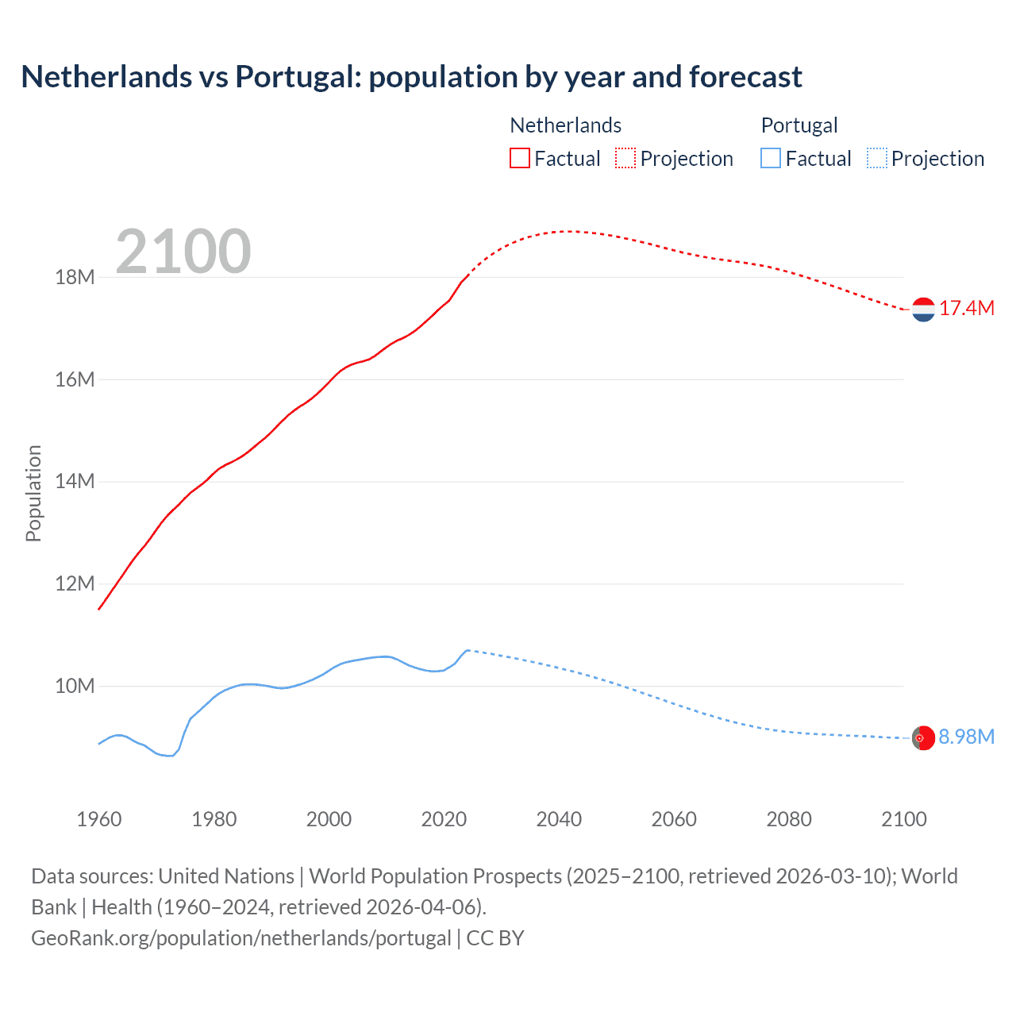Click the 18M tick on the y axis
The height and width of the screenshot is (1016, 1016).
pyautogui.click(x=75, y=277)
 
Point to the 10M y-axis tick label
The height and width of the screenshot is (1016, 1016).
pyautogui.click(x=75, y=686)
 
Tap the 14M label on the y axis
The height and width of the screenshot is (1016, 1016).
pyautogui.click(x=75, y=481)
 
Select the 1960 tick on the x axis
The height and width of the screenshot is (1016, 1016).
pyautogui.click(x=99, y=819)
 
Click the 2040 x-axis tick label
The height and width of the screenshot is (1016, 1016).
pyautogui.click(x=559, y=819)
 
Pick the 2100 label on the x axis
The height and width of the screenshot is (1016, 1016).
pyautogui.click(x=904, y=819)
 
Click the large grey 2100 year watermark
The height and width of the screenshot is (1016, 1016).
pyautogui.click(x=183, y=252)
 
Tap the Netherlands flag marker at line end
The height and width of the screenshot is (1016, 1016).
pyautogui.click(x=923, y=310)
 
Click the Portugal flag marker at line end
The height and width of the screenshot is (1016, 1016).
pyautogui.click(x=923, y=738)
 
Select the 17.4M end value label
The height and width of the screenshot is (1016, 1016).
pyautogui.click(x=967, y=309)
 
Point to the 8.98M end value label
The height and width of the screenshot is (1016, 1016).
pyautogui.click(x=967, y=737)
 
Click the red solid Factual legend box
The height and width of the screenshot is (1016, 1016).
pyautogui.click(x=520, y=159)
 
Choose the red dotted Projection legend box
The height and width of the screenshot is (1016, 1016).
pyautogui.click(x=625, y=159)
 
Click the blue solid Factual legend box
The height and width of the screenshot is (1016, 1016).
pyautogui.click(x=771, y=159)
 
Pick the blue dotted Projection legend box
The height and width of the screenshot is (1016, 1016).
pyautogui.click(x=877, y=159)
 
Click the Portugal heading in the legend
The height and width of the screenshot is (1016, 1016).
pyautogui.click(x=799, y=125)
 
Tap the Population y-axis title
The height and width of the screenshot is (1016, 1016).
pyautogui.click(x=33, y=493)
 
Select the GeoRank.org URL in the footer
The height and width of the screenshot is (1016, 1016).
pyautogui.click(x=241, y=938)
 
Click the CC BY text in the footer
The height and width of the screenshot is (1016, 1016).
pyautogui.click(x=495, y=938)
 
